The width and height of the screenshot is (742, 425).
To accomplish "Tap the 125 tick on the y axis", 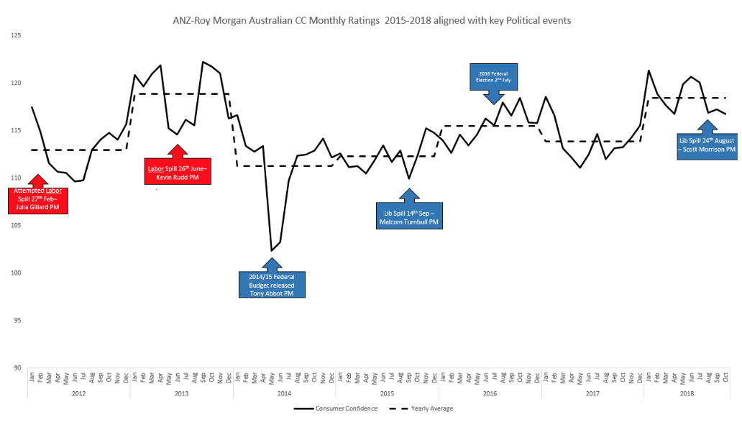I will coord(16,35).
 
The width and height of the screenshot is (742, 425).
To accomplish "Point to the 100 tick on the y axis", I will coord(16,273).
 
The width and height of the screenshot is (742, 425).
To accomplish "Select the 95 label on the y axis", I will coord(16,321).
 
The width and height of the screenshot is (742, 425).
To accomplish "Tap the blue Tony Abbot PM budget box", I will coord(272,284).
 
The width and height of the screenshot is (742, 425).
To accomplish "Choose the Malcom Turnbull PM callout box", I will coord(408,215).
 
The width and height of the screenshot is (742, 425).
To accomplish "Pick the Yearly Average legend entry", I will coord(422,408).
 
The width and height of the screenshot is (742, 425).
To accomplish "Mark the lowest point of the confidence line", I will coord(271,251).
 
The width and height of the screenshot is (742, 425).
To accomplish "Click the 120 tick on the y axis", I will coord(16,83).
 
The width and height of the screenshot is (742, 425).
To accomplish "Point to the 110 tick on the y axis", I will coord(16,178).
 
